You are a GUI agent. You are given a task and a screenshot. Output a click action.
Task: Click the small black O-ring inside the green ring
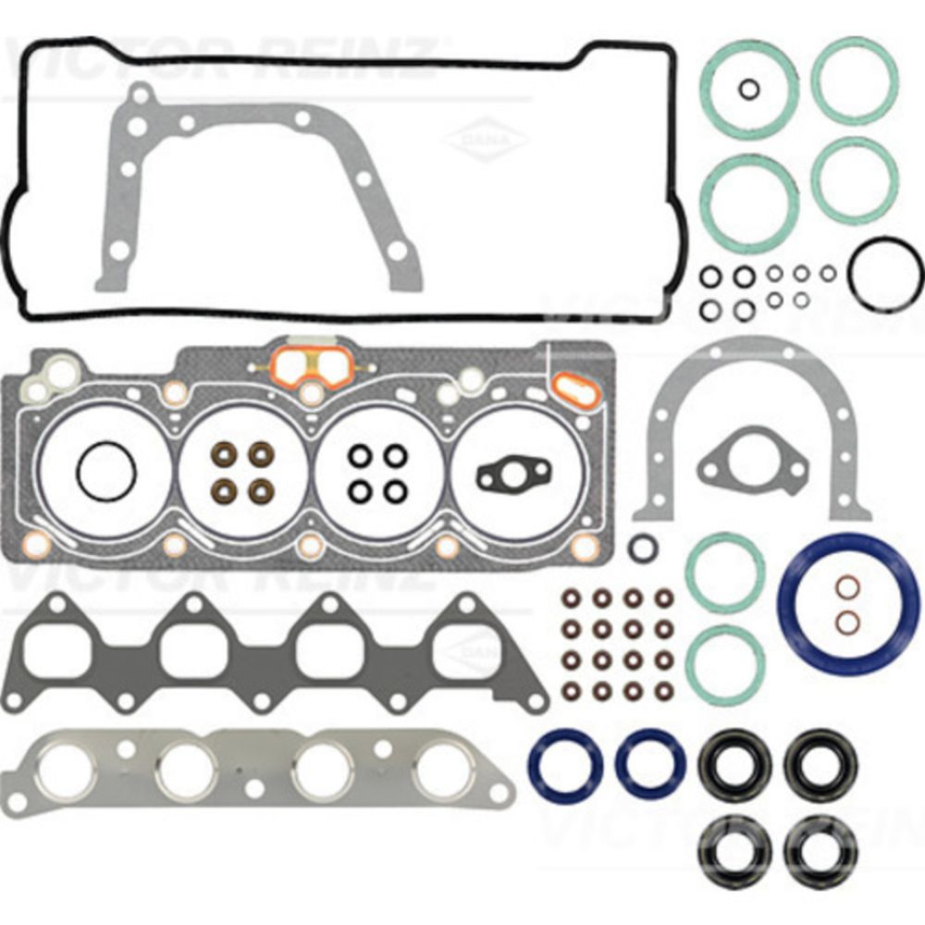click(749, 89)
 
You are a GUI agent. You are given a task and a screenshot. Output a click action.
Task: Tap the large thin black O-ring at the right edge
click(884, 274)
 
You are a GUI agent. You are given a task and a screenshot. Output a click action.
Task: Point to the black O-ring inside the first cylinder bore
click(106, 474)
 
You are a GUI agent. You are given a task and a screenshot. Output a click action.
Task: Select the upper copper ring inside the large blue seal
click(846, 587)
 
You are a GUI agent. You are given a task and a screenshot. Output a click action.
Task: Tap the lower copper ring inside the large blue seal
click(846, 621)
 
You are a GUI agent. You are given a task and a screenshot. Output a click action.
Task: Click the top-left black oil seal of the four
click(734, 766)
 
